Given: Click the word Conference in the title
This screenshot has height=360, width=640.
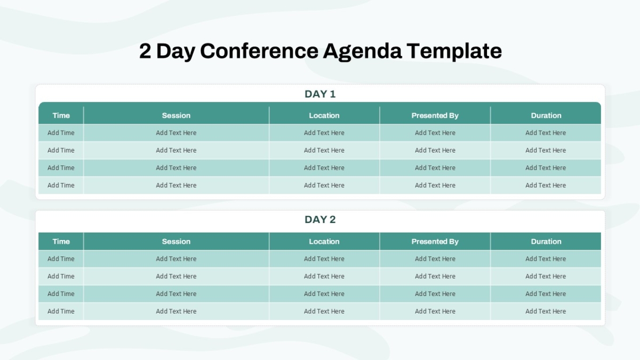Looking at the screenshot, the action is [259, 51].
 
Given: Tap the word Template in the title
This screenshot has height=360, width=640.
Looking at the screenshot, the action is [454, 51].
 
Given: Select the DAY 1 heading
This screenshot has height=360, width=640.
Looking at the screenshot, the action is [320, 94].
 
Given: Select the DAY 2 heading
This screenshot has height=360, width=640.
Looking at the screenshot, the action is [320, 219].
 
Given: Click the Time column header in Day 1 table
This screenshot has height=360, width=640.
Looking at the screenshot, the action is [61, 115].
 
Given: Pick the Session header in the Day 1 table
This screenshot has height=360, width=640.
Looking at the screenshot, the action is [176, 115].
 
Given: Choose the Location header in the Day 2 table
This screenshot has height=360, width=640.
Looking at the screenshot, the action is [324, 242].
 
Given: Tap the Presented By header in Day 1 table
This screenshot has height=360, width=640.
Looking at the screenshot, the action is [435, 115].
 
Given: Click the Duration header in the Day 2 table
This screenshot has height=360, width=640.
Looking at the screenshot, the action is [546, 242].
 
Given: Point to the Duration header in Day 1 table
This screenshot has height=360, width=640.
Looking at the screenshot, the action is [546, 115].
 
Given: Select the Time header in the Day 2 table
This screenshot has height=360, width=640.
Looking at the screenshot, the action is [61, 242].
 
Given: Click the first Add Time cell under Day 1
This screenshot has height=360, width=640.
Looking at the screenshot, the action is [61, 133].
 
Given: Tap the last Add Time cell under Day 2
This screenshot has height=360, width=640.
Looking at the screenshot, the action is [61, 311].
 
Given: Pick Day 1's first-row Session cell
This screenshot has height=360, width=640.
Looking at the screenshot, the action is [176, 133].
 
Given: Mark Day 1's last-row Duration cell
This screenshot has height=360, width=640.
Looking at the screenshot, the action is [546, 186].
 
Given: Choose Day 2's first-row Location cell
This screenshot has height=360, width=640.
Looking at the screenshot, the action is [324, 259].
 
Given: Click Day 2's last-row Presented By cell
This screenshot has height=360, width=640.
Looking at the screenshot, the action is [435, 311].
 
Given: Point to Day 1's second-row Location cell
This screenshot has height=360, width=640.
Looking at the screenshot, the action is [324, 150].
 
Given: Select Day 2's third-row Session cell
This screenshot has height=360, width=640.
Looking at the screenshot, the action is [176, 294].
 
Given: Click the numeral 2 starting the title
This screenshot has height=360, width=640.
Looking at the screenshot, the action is [145, 51].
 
